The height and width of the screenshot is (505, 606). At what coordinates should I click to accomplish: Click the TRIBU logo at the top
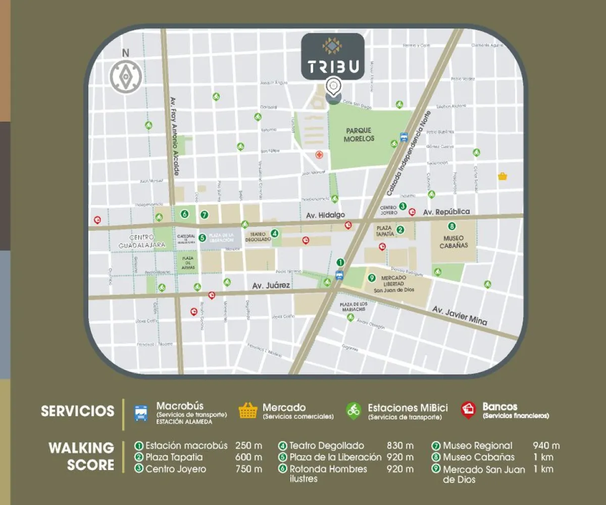[333, 57]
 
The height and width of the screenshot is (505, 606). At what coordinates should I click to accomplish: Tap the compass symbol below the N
[125, 76]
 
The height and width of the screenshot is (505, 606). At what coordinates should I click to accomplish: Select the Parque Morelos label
[360, 134]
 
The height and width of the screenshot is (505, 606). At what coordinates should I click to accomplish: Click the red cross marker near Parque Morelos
[319, 155]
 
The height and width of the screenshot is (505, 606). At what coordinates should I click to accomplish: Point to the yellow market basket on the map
[502, 176]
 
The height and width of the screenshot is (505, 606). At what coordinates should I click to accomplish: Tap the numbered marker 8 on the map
[452, 226]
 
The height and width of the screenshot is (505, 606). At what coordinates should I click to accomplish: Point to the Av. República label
[446, 212]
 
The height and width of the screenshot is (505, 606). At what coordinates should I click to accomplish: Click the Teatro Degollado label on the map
[258, 237]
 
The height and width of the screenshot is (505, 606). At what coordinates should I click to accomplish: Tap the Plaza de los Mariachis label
[353, 307]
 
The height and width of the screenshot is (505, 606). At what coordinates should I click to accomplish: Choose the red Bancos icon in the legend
[469, 410]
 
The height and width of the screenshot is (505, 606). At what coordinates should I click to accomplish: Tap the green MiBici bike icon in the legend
[353, 410]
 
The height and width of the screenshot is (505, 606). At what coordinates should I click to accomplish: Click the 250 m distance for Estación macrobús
[248, 446]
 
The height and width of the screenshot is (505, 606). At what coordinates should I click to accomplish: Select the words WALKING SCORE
[81, 456]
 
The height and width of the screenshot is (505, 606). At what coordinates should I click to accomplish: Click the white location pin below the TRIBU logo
[333, 86]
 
